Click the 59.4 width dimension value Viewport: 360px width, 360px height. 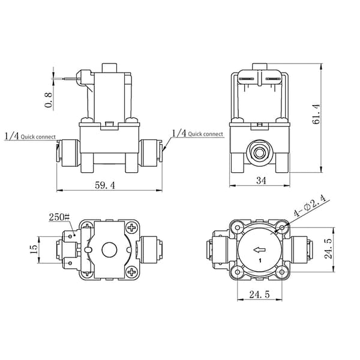[x=105, y=185]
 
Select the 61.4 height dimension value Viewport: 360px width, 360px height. [x=316, y=114]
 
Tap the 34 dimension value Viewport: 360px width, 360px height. [x=261, y=181]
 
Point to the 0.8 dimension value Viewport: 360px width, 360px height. [x=48, y=100]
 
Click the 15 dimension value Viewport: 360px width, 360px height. [x=34, y=250]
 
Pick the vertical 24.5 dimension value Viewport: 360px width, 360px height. [x=328, y=248]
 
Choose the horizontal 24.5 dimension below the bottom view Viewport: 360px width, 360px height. [x=259, y=295]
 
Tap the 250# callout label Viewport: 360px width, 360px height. [x=59, y=217]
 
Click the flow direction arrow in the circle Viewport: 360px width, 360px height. [x=259, y=250]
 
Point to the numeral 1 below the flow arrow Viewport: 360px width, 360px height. [x=260, y=260]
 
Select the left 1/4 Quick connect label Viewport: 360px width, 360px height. [x=30, y=136]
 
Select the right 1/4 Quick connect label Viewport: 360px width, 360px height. [x=197, y=133]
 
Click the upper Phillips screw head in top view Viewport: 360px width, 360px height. [x=132, y=228]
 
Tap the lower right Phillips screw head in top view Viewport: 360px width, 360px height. [x=132, y=272]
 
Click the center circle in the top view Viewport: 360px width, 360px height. [x=109, y=250]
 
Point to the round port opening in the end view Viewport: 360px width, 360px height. [x=259, y=152]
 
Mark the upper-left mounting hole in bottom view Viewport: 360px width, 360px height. [x=238, y=227]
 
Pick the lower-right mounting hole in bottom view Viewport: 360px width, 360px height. [x=282, y=272]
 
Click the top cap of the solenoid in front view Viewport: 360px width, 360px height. [x=109, y=68]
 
